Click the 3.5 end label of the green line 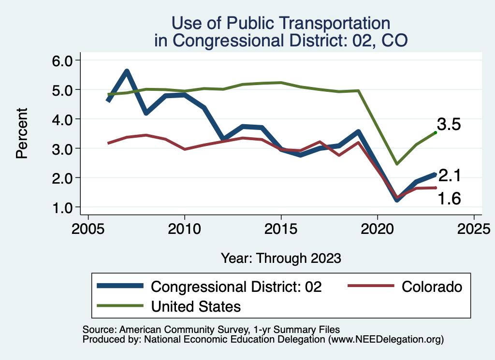(x=449, y=124)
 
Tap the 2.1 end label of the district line (x=449, y=176)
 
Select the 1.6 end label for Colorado (x=449, y=198)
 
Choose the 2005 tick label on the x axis (x=88, y=228)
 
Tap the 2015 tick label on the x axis (x=281, y=228)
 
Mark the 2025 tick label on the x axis (x=474, y=228)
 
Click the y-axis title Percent (x=22, y=134)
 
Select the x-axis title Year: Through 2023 (x=281, y=258)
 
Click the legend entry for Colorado (x=432, y=287)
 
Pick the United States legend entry (x=196, y=306)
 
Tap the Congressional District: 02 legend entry (x=236, y=287)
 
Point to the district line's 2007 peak (x=127, y=72)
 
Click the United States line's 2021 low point (x=396, y=164)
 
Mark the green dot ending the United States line (x=435, y=132)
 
